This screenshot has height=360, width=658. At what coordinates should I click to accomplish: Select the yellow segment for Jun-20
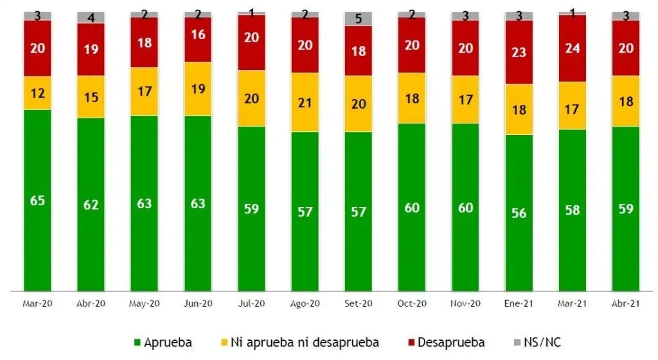[x=198, y=88]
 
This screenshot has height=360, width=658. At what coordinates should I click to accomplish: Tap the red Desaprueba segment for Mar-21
[x=572, y=48]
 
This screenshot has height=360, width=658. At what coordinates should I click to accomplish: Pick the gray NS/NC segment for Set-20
[x=358, y=19]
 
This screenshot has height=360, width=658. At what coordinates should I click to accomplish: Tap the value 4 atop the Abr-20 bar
[x=91, y=17]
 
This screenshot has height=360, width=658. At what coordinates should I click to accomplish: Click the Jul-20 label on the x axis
[x=251, y=303]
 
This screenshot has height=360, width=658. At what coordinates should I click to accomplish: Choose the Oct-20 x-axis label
[x=411, y=303]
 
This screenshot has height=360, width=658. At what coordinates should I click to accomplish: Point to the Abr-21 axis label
[x=625, y=303]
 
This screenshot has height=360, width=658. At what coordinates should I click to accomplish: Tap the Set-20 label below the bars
[x=358, y=303]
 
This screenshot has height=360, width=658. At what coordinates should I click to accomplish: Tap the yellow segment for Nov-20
[x=465, y=99]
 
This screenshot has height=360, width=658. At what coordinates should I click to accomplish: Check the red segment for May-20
[x=144, y=42]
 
